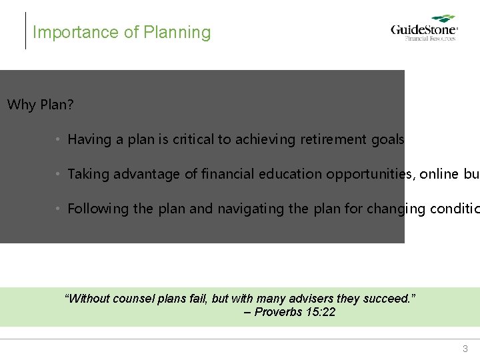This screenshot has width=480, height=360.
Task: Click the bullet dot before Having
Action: (x=59, y=139)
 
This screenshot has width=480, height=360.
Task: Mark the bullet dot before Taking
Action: (x=59, y=174)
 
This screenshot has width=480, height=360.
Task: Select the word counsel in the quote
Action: (x=136, y=299)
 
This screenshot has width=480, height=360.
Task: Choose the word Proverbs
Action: (x=278, y=312)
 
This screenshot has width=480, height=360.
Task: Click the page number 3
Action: (x=465, y=349)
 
